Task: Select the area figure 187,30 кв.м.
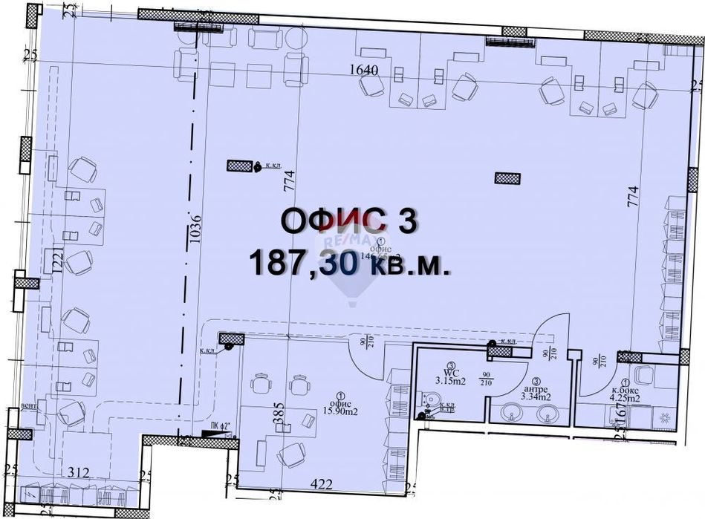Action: tap(350, 263)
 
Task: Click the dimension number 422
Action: tap(321, 484)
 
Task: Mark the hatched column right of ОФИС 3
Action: tap(507, 177)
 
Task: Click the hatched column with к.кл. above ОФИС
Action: tap(239, 166)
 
